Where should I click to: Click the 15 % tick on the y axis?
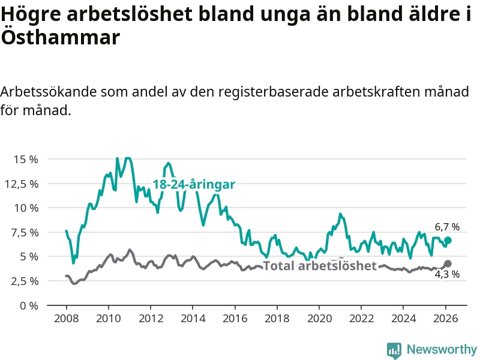tap(26, 160)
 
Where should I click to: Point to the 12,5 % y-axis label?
tap(23, 184)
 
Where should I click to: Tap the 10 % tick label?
tap(26, 208)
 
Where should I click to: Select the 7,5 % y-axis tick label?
tap(25, 232)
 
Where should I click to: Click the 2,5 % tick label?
tap(25, 281)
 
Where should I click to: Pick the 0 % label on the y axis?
tap(29, 305)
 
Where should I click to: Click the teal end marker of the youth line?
tap(448, 240)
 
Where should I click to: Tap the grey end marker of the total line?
tap(448, 263)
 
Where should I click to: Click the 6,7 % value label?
tap(447, 227)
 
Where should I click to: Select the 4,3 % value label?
tap(447, 275)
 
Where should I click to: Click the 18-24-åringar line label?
tap(193, 184)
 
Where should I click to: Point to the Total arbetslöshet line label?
tap(320, 266)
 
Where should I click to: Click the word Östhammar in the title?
tap(60, 37)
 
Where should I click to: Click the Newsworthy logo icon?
tap(394, 350)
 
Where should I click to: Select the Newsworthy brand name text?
tap(442, 350)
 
